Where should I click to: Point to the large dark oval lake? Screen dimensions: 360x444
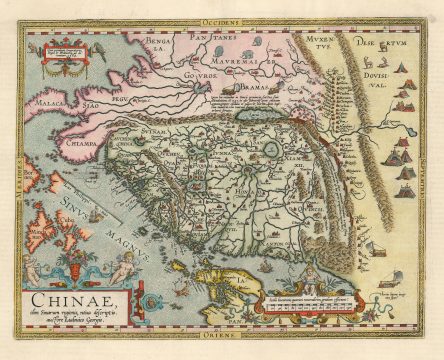tap(246, 117)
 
